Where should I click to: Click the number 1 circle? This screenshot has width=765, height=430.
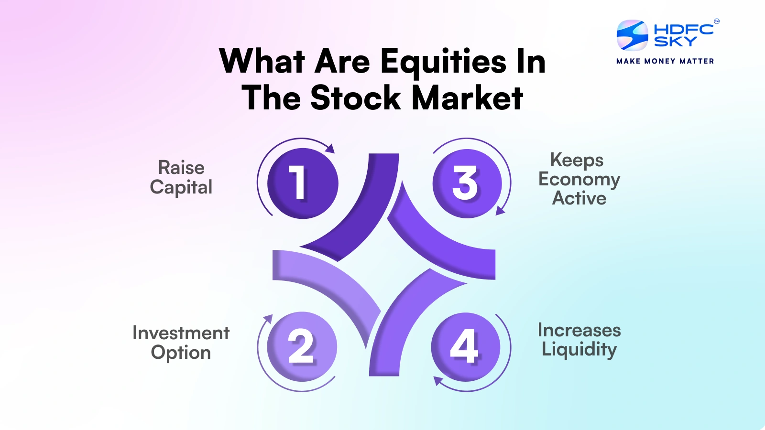(x=303, y=183)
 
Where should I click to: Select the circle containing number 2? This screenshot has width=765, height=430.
(x=302, y=346)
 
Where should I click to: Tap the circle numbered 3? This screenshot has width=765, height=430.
(x=467, y=183)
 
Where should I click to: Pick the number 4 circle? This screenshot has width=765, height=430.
(x=466, y=347)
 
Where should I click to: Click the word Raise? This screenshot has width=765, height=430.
(x=181, y=168)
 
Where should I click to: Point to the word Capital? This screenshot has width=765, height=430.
(x=181, y=187)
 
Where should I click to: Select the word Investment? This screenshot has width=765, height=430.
(x=181, y=333)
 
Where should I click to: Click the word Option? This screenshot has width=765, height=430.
(x=181, y=353)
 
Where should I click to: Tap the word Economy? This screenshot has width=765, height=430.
(x=579, y=180)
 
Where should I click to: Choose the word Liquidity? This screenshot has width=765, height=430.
(x=579, y=350)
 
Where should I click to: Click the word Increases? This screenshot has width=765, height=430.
(x=579, y=330)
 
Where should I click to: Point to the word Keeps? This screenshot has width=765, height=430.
(x=577, y=161)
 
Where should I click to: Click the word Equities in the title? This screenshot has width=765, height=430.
(x=443, y=62)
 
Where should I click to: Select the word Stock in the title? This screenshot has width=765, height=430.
(x=356, y=98)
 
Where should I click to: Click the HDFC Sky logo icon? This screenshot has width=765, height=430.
(x=632, y=35)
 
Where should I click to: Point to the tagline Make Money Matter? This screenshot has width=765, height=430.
(x=665, y=61)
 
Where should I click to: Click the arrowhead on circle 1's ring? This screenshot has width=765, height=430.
(x=330, y=149)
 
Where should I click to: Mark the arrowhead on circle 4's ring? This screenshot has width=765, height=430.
(x=438, y=381)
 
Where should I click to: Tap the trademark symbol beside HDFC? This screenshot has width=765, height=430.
(x=716, y=21)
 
